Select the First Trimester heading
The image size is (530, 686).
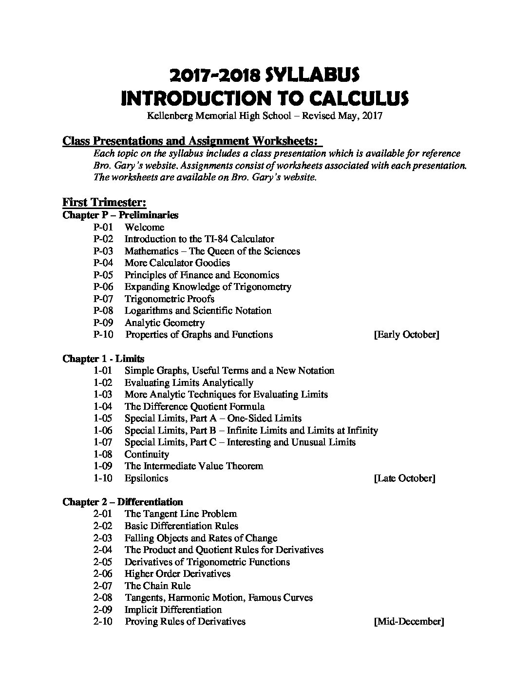104,202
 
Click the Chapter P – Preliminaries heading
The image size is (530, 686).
120,215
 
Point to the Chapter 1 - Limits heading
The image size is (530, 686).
103,359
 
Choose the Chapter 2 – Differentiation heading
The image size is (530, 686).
123,502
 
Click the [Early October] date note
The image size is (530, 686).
406,335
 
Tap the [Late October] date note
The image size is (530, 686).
404,478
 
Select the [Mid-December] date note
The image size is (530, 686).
408,621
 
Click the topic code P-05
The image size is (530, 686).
103,275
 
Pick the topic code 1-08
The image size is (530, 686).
103,454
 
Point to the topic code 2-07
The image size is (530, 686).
103,586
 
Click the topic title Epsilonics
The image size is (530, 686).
146,478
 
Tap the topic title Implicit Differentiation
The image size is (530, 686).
173,610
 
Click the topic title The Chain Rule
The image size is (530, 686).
157,586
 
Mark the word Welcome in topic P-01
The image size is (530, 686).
144,227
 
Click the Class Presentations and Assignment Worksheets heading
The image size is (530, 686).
192,141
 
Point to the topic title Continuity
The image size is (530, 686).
147,454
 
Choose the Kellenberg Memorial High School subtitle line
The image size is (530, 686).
265,116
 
